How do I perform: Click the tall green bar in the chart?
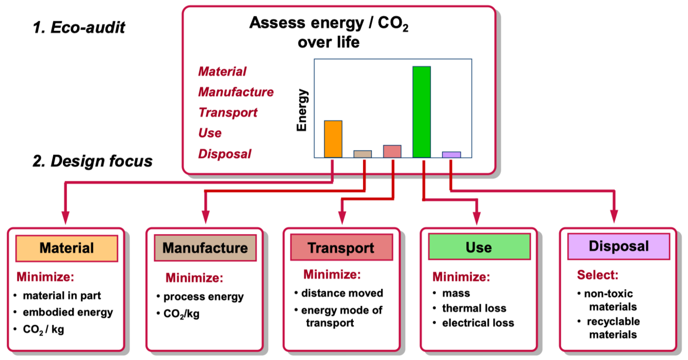coord(421,111)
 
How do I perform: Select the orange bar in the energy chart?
coord(333,139)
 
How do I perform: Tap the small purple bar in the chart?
coord(451,154)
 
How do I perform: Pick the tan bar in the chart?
coord(362,154)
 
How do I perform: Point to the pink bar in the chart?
coord(392,151)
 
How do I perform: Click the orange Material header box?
coord(67,248)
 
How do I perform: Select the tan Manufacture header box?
coord(205,248)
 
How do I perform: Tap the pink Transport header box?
coord(341,248)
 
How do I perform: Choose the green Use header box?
coord(479,247)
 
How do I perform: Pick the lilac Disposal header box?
coord(618,246)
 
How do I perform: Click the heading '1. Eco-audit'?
coord(79,28)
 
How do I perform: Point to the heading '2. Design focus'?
coord(93,161)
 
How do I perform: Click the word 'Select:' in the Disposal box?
coord(597,275)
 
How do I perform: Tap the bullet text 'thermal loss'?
coord(474,308)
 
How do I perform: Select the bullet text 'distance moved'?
coord(342,293)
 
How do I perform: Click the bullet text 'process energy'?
coord(203,297)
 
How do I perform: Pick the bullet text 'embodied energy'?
coord(67,312)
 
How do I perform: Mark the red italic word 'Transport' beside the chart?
coord(227,112)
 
